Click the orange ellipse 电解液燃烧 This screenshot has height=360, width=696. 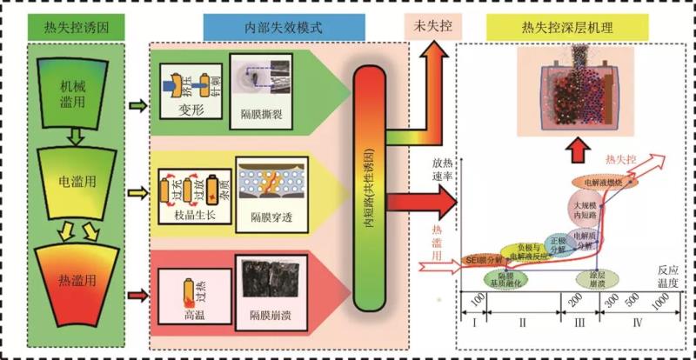600,183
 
